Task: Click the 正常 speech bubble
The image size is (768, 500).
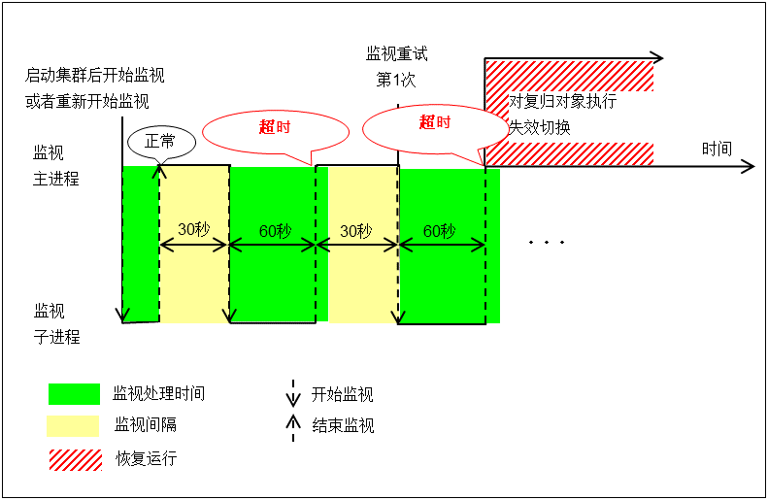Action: pos(161,141)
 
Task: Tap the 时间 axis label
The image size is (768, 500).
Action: pos(717,149)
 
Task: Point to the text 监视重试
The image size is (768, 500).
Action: pos(396,54)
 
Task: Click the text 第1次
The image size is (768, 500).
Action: pos(396,80)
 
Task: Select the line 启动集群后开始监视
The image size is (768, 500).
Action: pos(95,76)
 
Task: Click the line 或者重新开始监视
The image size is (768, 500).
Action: pos(87,101)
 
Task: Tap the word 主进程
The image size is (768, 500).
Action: pos(56,180)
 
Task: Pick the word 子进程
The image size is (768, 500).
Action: pos(56,337)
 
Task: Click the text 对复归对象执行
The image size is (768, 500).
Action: pos(563,102)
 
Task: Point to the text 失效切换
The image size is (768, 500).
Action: pos(540,127)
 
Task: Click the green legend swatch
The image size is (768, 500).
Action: pos(74,394)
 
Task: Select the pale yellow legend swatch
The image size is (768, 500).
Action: pos(74,425)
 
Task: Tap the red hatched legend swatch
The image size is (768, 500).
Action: pos(74,458)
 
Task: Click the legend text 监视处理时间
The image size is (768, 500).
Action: pos(159,394)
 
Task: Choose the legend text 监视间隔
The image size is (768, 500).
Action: pos(146,425)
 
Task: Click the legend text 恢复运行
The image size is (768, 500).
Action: pos(146,458)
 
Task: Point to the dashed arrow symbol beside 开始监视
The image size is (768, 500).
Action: pos(293,393)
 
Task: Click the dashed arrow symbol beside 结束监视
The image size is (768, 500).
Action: pos(293,425)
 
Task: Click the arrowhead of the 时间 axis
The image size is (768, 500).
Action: pos(748,166)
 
